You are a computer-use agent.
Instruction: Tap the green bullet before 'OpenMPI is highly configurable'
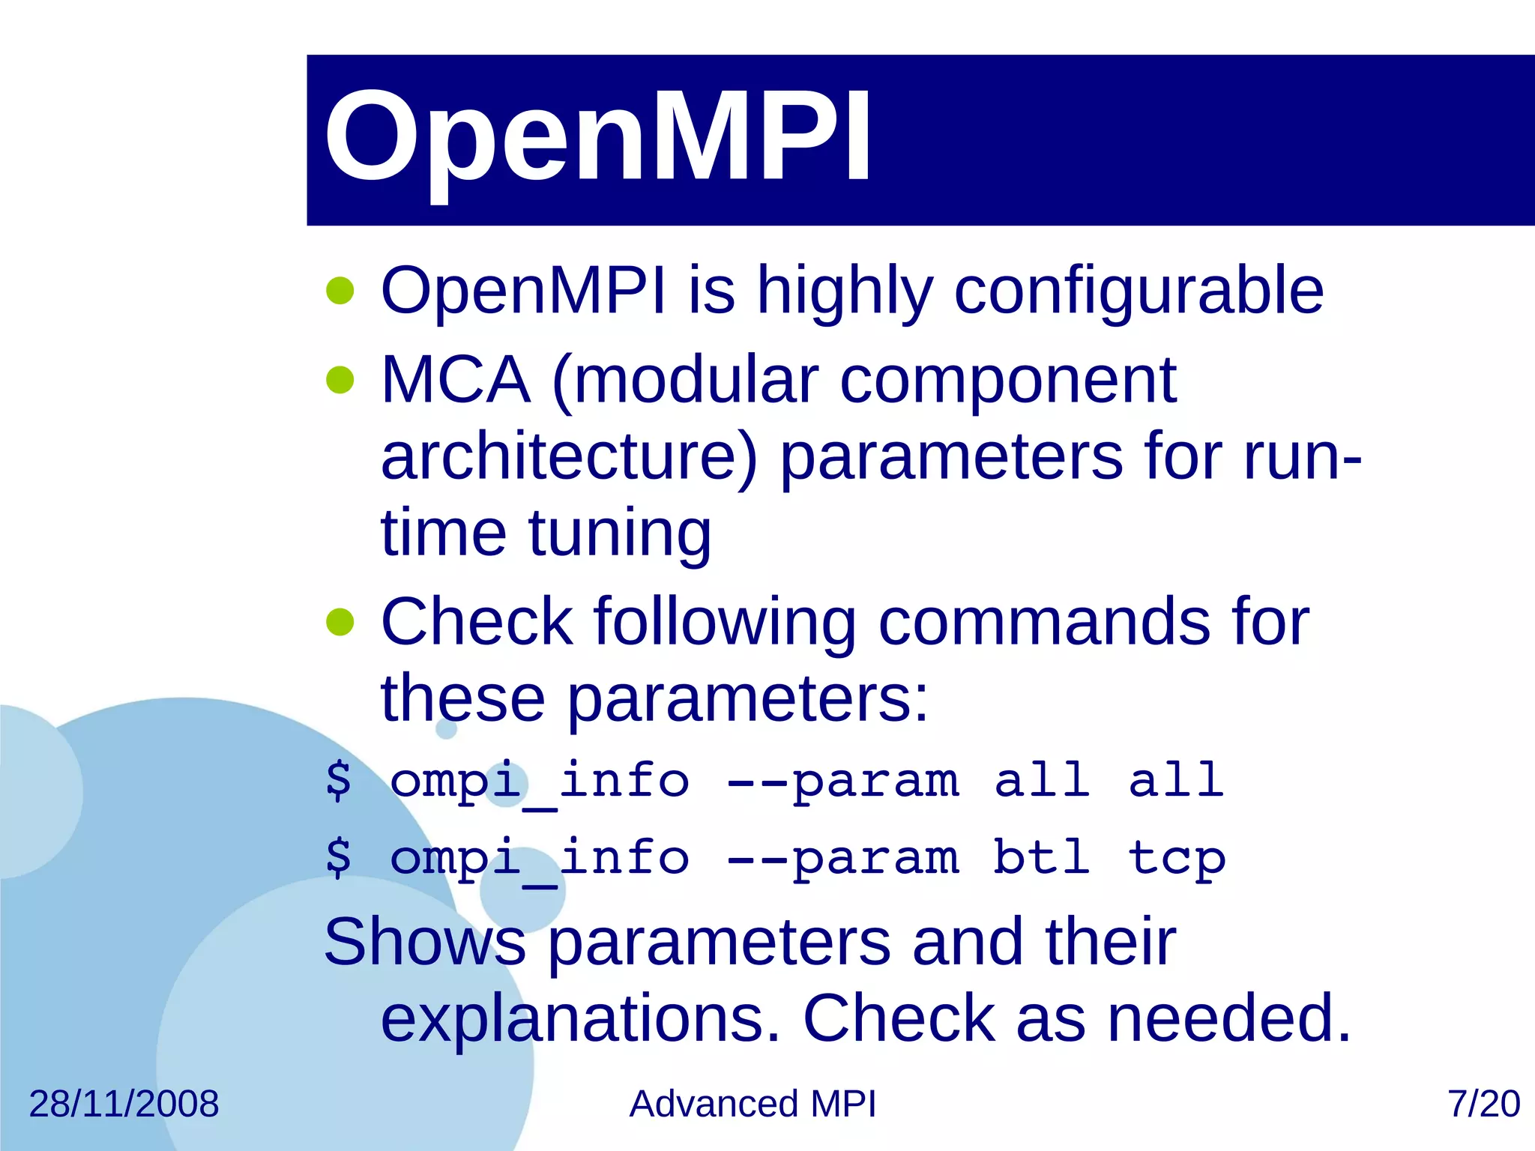pyautogui.click(x=340, y=291)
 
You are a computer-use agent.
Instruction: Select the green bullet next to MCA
pyautogui.click(x=340, y=380)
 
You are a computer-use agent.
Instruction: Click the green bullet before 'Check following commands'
pyautogui.click(x=340, y=621)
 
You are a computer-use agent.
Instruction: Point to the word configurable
pyautogui.click(x=1139, y=292)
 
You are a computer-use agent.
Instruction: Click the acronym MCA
pyautogui.click(x=456, y=381)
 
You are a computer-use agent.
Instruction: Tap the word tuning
pyautogui.click(x=620, y=534)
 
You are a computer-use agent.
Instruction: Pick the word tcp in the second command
pyautogui.click(x=1177, y=859)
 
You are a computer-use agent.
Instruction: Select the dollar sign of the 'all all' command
pyautogui.click(x=339, y=780)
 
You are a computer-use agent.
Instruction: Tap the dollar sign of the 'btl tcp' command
pyautogui.click(x=339, y=857)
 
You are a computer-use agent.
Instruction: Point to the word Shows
pyautogui.click(x=425, y=942)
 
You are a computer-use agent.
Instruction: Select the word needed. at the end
pyautogui.click(x=1229, y=1018)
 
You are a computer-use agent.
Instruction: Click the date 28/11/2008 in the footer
pyautogui.click(x=124, y=1104)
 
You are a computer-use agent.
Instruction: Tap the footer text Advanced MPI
pyautogui.click(x=753, y=1104)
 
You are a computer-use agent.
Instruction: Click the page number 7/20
pyautogui.click(x=1483, y=1104)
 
